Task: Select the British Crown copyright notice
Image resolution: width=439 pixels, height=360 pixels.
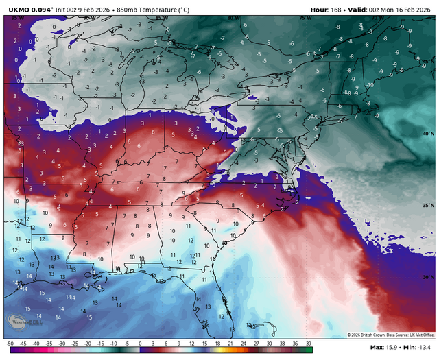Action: (x=390, y=335)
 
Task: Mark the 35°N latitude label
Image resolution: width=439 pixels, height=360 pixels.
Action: (x=427, y=205)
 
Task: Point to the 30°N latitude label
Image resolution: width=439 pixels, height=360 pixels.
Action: (x=427, y=277)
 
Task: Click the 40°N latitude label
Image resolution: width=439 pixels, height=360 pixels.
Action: (x=427, y=133)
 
